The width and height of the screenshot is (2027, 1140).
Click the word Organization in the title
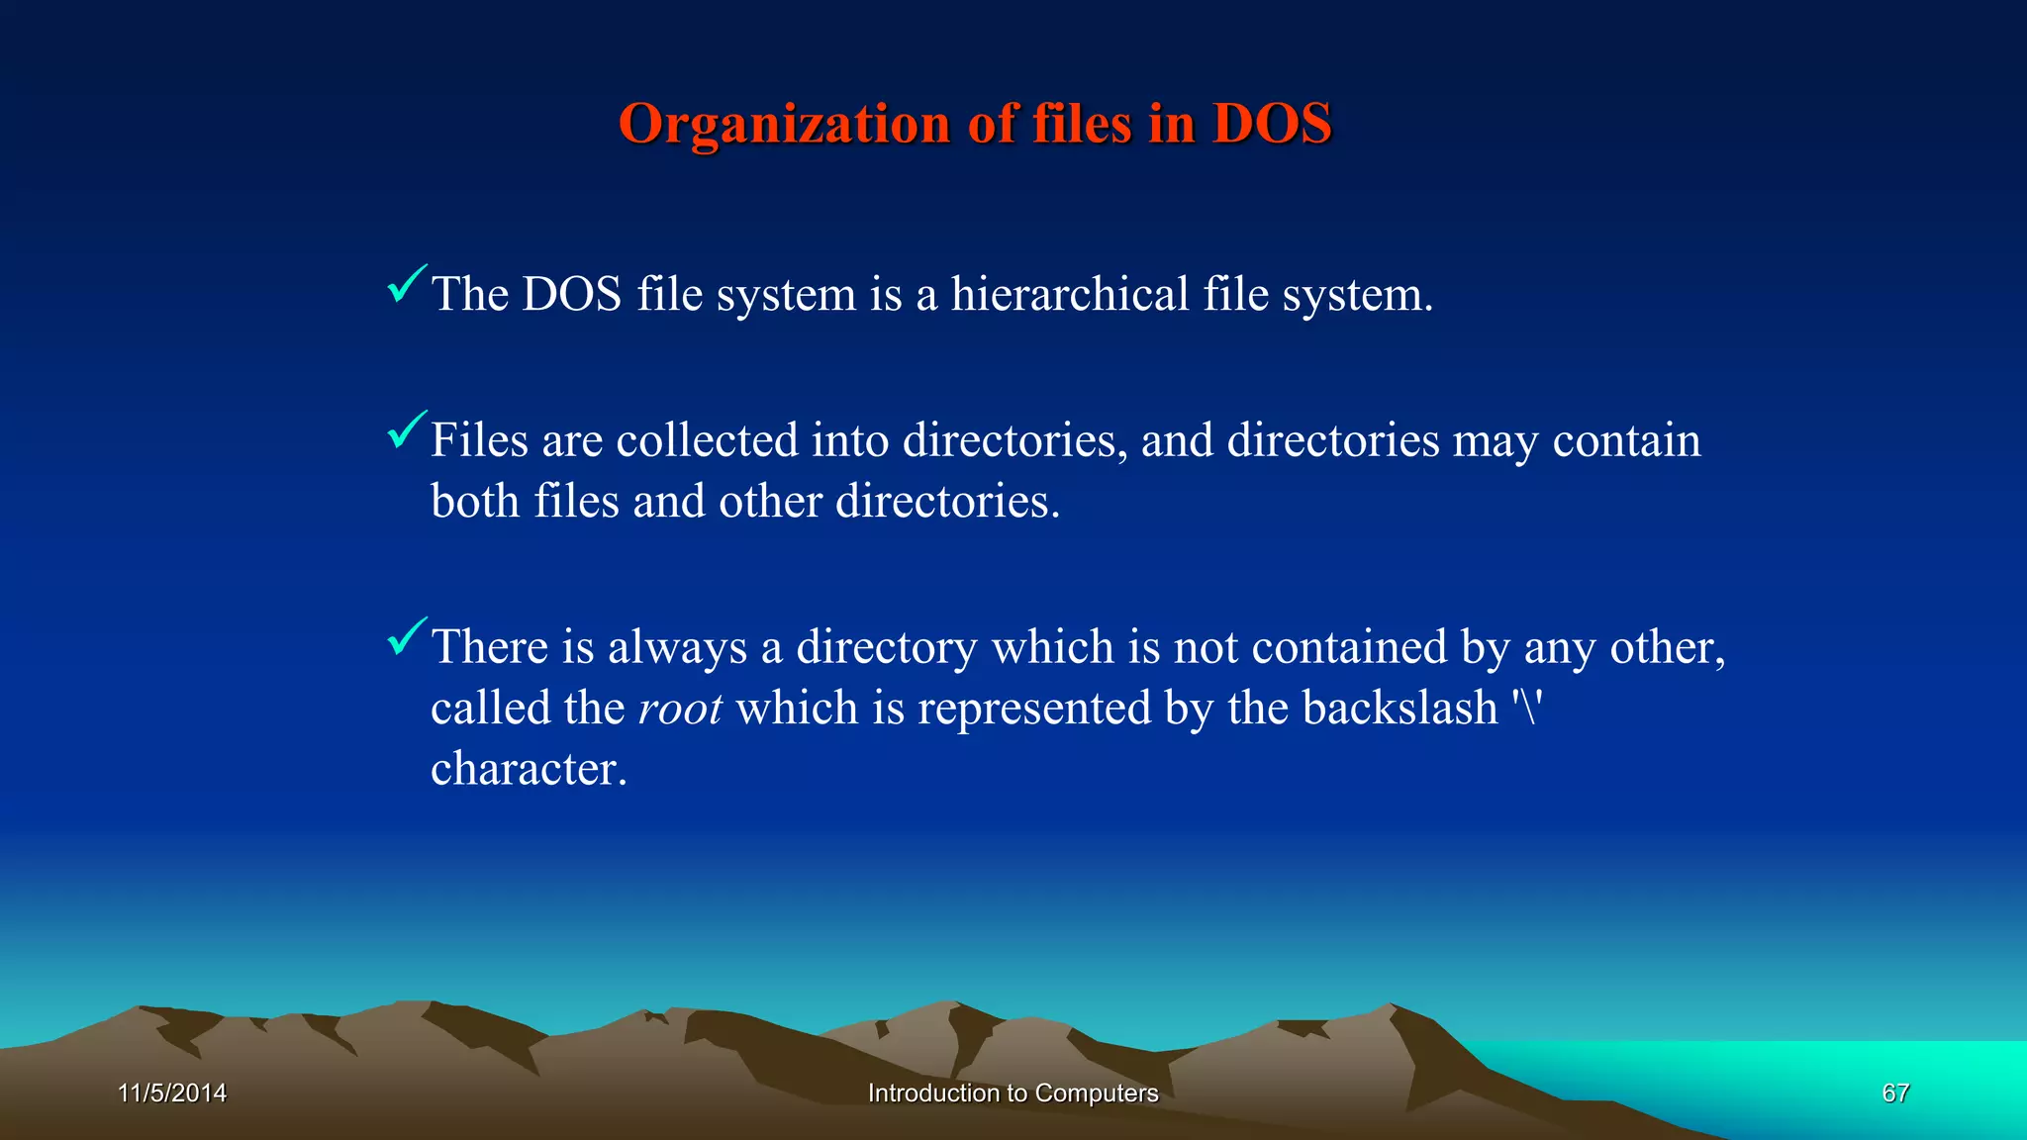click(784, 125)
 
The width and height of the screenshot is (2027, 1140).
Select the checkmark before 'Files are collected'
click(406, 430)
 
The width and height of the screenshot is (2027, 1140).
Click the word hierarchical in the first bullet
click(1069, 294)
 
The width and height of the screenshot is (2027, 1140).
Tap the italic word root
click(680, 709)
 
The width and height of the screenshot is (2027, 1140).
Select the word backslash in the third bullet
click(1400, 709)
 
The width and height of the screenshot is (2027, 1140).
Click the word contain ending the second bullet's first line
click(1626, 440)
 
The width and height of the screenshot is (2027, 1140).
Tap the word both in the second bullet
click(475, 501)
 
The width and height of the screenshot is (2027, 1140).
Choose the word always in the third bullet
click(677, 648)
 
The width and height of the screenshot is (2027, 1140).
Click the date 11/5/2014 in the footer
click(172, 1093)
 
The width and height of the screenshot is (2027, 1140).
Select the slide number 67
click(1895, 1093)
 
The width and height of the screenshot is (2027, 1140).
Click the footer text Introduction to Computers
click(1013, 1093)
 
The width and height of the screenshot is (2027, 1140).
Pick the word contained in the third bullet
click(1349, 648)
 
